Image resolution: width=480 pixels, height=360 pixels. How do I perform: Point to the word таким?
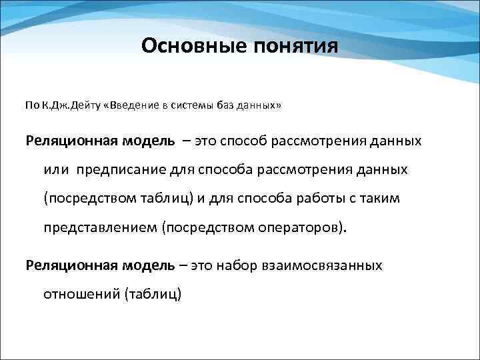pos(380,198)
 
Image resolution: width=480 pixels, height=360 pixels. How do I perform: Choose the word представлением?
pos(101,227)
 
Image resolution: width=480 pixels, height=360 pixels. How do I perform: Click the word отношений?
pos(82,293)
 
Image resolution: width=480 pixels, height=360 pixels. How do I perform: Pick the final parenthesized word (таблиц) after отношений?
pos(153,293)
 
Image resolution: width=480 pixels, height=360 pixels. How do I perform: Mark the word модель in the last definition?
pos(149,265)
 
